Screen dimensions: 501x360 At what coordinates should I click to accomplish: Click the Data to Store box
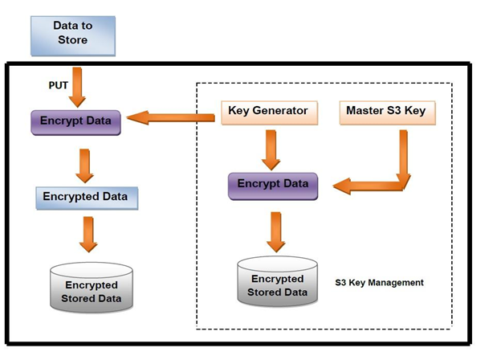click(73, 36)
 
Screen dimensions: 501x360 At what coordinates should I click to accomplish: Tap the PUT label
click(58, 85)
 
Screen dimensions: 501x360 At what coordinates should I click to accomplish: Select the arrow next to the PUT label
click(77, 87)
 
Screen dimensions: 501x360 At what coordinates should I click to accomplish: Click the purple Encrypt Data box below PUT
click(75, 123)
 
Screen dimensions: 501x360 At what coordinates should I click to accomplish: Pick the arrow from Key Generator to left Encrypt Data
click(171, 117)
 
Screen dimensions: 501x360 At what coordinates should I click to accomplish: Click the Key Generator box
click(269, 112)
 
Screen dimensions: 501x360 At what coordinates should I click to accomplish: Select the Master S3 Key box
click(387, 112)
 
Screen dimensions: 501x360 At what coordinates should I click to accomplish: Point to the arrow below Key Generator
click(271, 150)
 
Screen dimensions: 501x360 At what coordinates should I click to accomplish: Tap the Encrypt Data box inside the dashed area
click(273, 186)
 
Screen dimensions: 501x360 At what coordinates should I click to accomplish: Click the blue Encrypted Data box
click(87, 198)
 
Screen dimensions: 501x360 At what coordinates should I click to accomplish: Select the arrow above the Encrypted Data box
click(84, 166)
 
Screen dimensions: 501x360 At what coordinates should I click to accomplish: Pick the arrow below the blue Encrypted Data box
click(88, 235)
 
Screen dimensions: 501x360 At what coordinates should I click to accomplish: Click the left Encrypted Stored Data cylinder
click(92, 288)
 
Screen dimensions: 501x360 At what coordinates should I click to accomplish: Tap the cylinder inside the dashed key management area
click(277, 281)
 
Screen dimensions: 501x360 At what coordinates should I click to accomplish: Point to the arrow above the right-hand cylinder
click(275, 232)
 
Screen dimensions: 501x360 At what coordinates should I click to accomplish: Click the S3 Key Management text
click(379, 283)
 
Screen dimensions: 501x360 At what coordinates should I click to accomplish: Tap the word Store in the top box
click(72, 40)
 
